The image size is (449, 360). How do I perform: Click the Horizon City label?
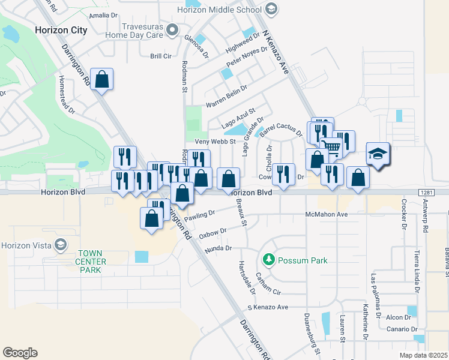pyautogui.click(x=61, y=30)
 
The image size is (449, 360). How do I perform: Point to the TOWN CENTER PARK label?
pyautogui.click(x=91, y=262)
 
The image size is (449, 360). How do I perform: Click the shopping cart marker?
pyautogui.click(x=331, y=146)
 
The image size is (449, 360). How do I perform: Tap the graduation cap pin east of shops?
pyautogui.click(x=378, y=154)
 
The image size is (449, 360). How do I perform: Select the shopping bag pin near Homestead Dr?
pyautogui.click(x=102, y=79)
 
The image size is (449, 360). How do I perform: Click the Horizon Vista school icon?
pyautogui.click(x=59, y=245)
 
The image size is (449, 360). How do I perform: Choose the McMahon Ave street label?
pyautogui.click(x=327, y=214)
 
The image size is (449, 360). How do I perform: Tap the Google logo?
pyautogui.click(x=20, y=353)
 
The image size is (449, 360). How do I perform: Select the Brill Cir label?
pyautogui.click(x=161, y=56)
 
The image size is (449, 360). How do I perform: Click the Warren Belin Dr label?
pyautogui.click(x=227, y=97)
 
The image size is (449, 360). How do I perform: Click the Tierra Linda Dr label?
pyautogui.click(x=416, y=271)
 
